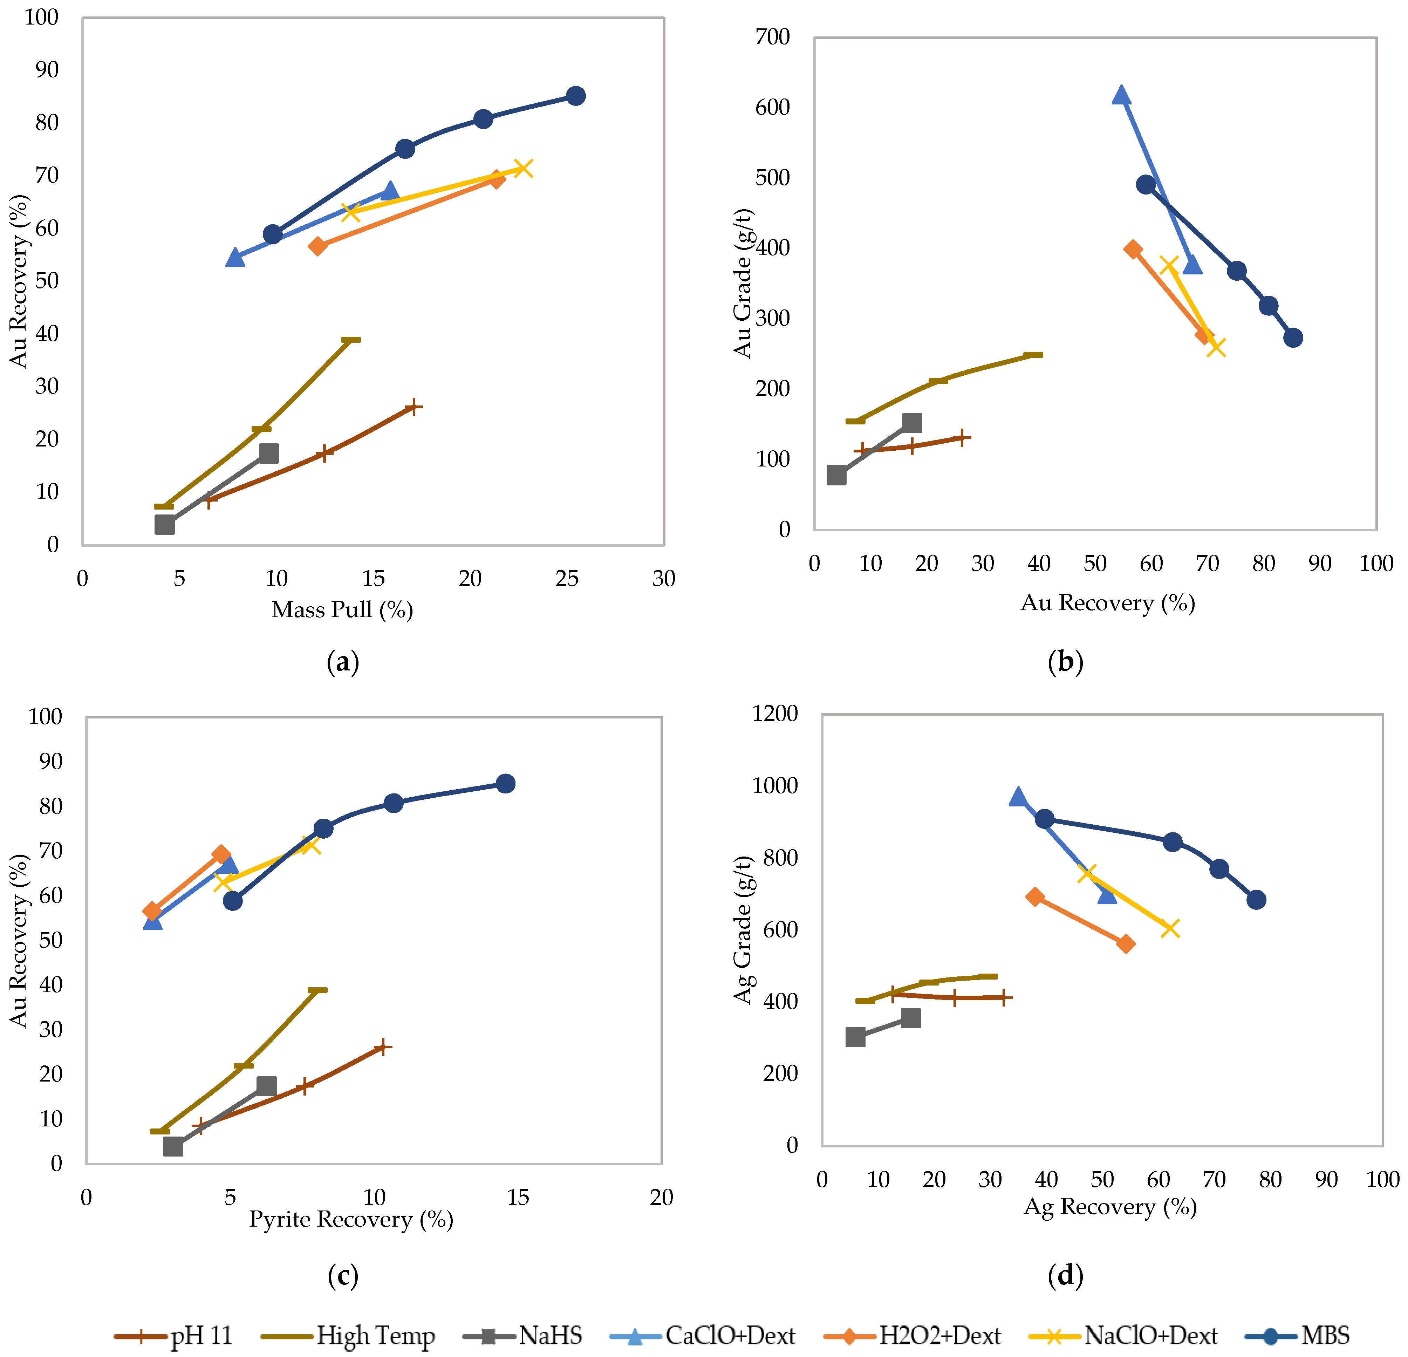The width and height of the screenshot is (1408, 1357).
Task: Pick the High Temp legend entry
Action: (x=348, y=1336)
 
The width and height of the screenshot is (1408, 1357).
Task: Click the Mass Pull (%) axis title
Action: (x=342, y=610)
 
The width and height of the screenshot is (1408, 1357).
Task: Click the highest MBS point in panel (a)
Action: (x=575, y=96)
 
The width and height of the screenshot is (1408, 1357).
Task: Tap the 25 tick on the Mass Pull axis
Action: (x=567, y=578)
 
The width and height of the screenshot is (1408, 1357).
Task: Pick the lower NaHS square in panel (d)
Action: (x=855, y=1037)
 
